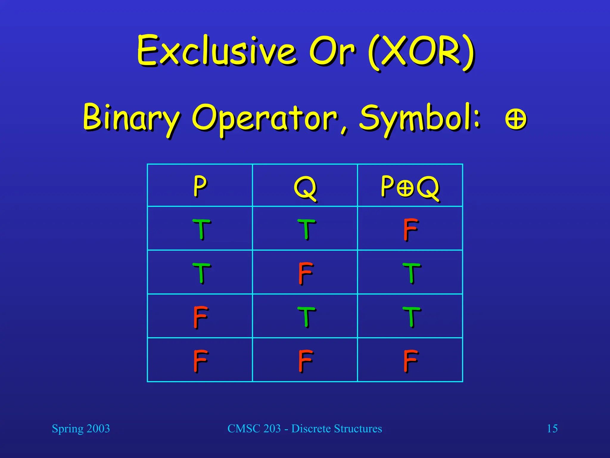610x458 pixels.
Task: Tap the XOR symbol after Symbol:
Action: pyautogui.click(x=516, y=119)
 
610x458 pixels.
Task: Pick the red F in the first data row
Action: pyautogui.click(x=410, y=229)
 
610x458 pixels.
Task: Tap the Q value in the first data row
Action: pyautogui.click(x=306, y=229)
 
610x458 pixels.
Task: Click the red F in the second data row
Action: pyautogui.click(x=306, y=273)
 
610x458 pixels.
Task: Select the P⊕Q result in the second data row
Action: pyautogui.click(x=411, y=273)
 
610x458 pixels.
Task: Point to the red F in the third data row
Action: pyautogui.click(x=200, y=317)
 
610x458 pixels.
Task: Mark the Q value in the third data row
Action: pyautogui.click(x=306, y=317)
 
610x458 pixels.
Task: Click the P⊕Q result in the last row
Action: pyautogui.click(x=410, y=360)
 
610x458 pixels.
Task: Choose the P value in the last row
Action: pyautogui.click(x=200, y=360)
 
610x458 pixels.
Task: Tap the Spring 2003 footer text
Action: pyautogui.click(x=81, y=429)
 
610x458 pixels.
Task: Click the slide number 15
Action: pyautogui.click(x=552, y=428)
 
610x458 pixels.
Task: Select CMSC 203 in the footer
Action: pyautogui.click(x=254, y=428)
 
